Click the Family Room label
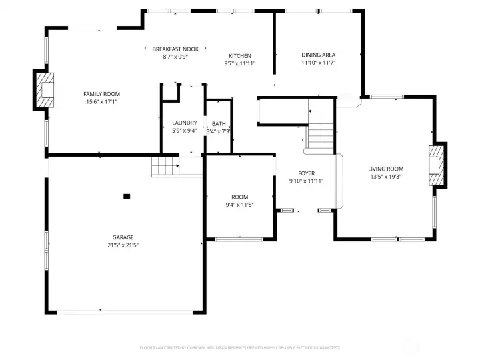coord(101,94)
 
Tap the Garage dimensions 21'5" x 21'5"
coord(123,245)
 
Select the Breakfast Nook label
coord(175,49)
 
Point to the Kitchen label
coord(239,56)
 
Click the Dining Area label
coord(318,55)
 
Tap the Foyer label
coord(306,173)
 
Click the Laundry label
coord(184,123)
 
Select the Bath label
coord(219,124)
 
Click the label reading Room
coord(239,197)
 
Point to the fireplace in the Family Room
coord(45,90)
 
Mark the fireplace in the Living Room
coord(437,165)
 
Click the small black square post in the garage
coord(127,196)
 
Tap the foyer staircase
coord(319,130)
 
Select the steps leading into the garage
coord(166,166)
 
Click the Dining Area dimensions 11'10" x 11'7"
coord(318,63)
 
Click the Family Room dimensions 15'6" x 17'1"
coord(101,102)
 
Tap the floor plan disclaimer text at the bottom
coord(239,347)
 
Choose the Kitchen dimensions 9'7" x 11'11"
coord(239,64)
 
